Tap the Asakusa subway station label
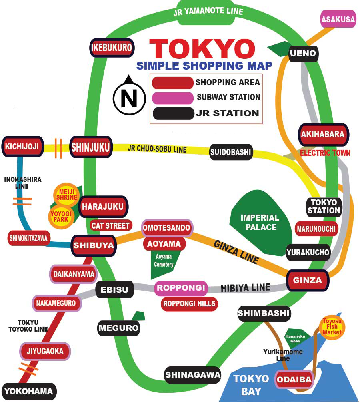pyautogui.click(x=338, y=19)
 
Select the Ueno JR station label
pyautogui.click(x=303, y=53)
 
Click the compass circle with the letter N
pyautogui.click(x=129, y=96)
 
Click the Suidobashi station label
pyautogui.click(x=231, y=152)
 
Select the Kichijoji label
pyautogui.click(x=22, y=147)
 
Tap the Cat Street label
pyautogui.click(x=110, y=226)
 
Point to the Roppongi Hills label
pyautogui.click(x=190, y=304)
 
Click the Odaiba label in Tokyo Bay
pyautogui.click(x=294, y=380)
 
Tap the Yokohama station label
pyautogui.click(x=29, y=391)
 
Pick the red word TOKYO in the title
pyautogui.click(x=202, y=49)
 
